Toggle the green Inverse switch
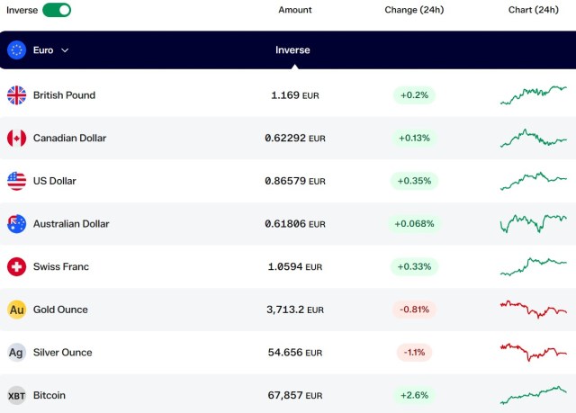tap(57, 10)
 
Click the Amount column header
tap(295, 10)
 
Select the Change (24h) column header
tap(414, 10)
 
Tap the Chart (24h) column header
tap(534, 10)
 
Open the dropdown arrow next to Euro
tap(65, 50)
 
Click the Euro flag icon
tap(16, 49)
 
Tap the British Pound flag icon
tap(16, 95)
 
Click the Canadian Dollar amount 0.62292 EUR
tap(295, 138)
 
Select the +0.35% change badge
tap(414, 181)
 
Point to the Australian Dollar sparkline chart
tap(534, 223)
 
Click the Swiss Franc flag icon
tap(16, 266)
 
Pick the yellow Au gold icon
tap(16, 310)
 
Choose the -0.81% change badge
tap(414, 310)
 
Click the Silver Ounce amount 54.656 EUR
tap(295, 353)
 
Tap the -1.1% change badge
tap(414, 353)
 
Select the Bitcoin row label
tap(49, 395)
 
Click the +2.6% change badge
tap(414, 395)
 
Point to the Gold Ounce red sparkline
tap(534, 310)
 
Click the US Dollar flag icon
tap(16, 181)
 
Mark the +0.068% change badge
tap(414, 223)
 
